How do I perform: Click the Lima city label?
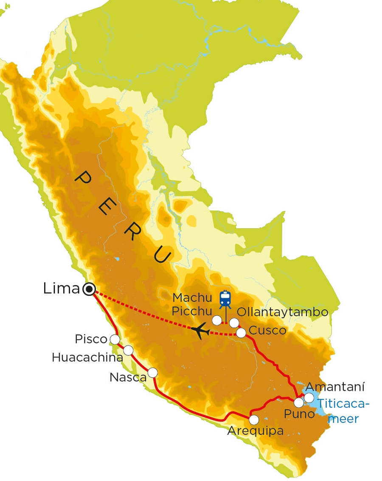pos(61,289)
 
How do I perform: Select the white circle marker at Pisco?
pos(115,339)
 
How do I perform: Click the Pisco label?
pos(91,340)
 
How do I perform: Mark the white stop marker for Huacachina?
pos(128,350)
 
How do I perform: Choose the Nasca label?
pos(128,377)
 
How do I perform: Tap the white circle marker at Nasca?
pos(152,372)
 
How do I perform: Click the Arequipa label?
pos(256,431)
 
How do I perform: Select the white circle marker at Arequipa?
pos(254,420)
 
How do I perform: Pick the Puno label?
pos(300,413)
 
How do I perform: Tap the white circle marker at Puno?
pos(299,402)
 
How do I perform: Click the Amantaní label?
pos(335,387)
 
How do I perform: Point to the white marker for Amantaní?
pos(309,397)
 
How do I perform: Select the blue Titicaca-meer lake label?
pos(344,410)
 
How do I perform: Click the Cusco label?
pos(267,331)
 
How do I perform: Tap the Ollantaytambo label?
pos(282,312)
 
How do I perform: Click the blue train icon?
pos(225,299)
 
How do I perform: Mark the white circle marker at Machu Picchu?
pos(217,320)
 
